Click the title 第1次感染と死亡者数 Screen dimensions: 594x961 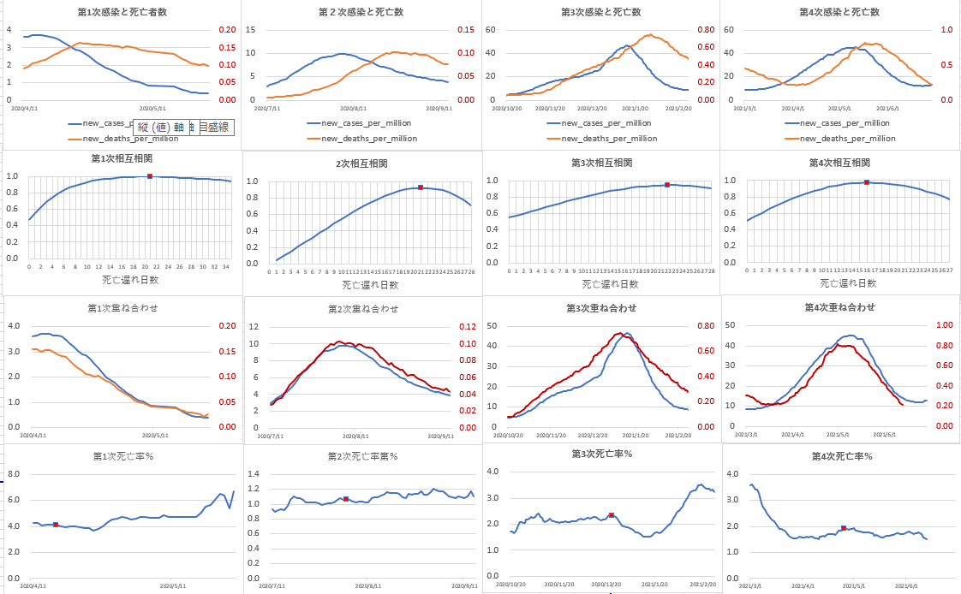(120, 12)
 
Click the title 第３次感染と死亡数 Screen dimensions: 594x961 (600, 12)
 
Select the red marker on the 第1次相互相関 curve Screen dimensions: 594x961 (150, 176)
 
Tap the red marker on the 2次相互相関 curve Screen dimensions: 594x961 (421, 187)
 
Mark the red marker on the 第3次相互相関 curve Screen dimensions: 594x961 (667, 184)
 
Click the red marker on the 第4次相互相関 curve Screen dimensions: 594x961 (867, 182)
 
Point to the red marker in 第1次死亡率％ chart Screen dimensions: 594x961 (56, 525)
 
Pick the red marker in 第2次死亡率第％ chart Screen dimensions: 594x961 (345, 499)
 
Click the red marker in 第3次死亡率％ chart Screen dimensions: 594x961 (612, 515)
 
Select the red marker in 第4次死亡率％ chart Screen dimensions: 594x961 (844, 528)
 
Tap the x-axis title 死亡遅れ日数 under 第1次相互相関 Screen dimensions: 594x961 (129, 281)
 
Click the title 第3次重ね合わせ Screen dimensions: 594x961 (602, 307)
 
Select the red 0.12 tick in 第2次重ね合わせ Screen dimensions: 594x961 (490, 327)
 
